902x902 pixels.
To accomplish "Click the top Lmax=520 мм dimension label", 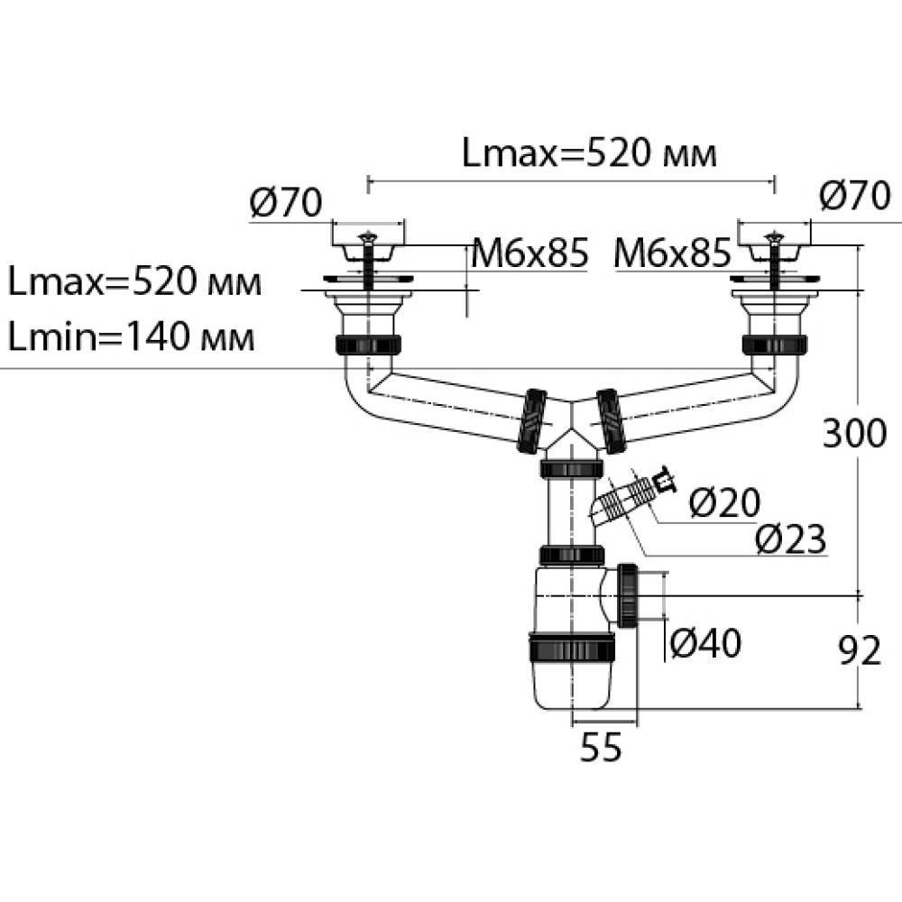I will click(x=589, y=154).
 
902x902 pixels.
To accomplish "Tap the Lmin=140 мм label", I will click(x=132, y=339).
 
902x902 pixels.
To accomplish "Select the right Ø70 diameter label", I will click(x=854, y=195).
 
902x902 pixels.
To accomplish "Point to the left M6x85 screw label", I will click(x=529, y=254).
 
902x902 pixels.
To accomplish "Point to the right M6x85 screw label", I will click(x=672, y=254).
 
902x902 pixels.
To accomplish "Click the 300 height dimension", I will click(x=854, y=435).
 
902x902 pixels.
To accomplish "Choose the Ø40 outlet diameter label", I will click(x=705, y=643).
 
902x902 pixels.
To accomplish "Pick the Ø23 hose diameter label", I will click(x=789, y=539).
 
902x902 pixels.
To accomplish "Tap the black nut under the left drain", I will click(x=368, y=344).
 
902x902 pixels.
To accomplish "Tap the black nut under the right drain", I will click(x=774, y=344).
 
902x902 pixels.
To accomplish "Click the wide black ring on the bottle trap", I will click(x=572, y=648).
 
